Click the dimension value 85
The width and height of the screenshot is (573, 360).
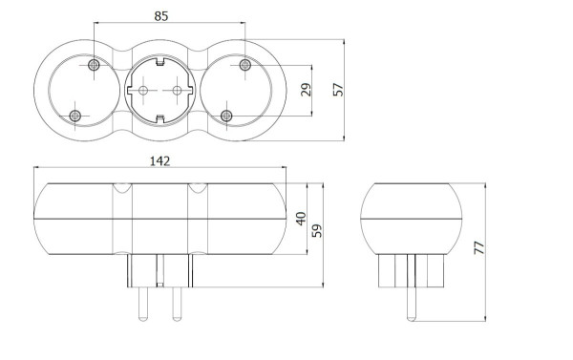[161, 16]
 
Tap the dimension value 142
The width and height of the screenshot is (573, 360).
[160, 160]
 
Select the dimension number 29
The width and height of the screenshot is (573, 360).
[306, 90]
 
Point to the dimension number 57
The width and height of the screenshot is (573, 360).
[338, 90]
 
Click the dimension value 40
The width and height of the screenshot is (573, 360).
[301, 219]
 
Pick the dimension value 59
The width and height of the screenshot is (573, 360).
[317, 231]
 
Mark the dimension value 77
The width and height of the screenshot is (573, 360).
[479, 247]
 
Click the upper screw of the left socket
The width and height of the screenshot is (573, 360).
[94, 66]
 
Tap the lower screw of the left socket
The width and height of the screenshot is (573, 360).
[74, 116]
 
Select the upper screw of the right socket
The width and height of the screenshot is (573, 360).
[244, 66]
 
